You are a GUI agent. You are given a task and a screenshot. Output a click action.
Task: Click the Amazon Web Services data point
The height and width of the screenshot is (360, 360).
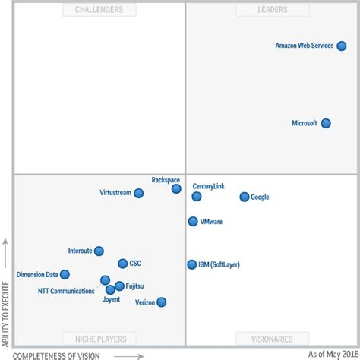(x=342, y=46)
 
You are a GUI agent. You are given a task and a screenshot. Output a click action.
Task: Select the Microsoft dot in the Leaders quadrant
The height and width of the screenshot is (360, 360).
(x=326, y=123)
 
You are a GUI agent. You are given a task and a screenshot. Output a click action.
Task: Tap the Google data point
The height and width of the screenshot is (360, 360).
(x=244, y=197)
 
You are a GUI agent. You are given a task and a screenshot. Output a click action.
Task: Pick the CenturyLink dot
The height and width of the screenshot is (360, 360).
(x=197, y=196)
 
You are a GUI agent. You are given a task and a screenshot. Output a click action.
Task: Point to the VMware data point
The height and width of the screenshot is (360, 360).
(x=193, y=222)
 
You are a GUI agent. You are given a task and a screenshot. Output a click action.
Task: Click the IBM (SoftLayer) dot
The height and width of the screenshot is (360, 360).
(x=192, y=264)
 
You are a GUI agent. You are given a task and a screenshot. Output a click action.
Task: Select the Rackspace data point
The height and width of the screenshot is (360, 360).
(x=176, y=188)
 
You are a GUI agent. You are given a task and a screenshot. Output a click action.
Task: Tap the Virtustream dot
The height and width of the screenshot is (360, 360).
(x=138, y=193)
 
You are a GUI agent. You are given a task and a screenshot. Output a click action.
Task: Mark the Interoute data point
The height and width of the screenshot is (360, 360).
(x=99, y=251)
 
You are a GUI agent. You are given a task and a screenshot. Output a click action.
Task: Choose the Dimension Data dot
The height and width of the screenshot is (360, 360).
(x=65, y=274)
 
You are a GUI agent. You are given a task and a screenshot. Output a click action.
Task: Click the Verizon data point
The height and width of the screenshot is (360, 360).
(x=161, y=302)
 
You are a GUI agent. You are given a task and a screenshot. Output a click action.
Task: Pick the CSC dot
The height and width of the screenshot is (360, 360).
(x=123, y=264)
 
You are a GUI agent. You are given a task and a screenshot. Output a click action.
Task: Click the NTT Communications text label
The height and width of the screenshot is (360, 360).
(x=66, y=291)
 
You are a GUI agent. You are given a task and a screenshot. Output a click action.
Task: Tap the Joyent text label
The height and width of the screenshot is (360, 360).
(x=111, y=299)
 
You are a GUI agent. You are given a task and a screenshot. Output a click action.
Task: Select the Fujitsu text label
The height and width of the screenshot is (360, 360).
(x=135, y=286)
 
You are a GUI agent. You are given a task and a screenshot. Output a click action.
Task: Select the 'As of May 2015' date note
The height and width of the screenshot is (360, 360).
(x=331, y=354)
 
